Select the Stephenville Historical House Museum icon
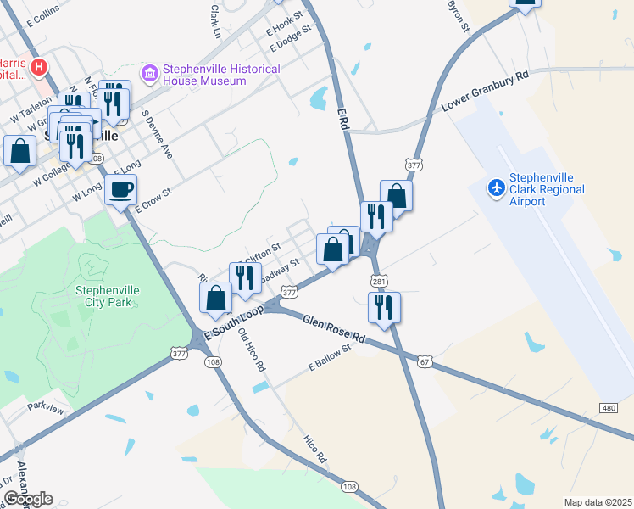pyautogui.click(x=150, y=75)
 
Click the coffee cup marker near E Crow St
pyautogui.click(x=120, y=189)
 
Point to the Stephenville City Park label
pyautogui.click(x=108, y=296)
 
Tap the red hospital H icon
pyautogui.click(x=38, y=66)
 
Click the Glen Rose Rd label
pyautogui.click(x=333, y=328)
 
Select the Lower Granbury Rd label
pyautogui.click(x=486, y=92)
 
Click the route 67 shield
pyautogui.click(x=424, y=361)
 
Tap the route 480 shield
pyautogui.click(x=609, y=407)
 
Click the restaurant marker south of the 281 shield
pyautogui.click(x=385, y=308)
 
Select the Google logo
pyautogui.click(x=28, y=499)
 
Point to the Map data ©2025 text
pyautogui.click(x=597, y=502)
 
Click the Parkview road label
pyautogui.click(x=45, y=409)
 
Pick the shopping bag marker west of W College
pyautogui.click(x=19, y=153)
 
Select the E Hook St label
pyautogui.click(x=284, y=21)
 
